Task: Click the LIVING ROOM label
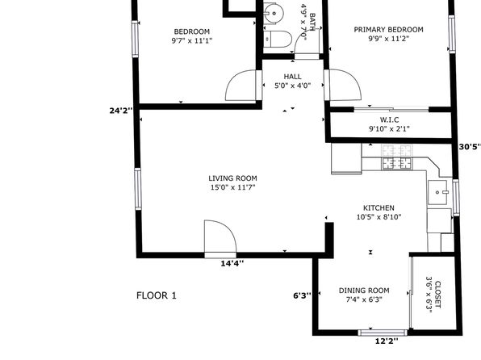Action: (232, 178)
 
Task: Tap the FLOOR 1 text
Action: (157, 295)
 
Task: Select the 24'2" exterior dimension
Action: (121, 111)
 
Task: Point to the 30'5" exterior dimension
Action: (470, 147)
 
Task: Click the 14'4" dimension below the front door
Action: (232, 263)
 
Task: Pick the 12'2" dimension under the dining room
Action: (387, 341)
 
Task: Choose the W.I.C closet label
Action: (389, 119)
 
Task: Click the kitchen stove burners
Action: (397, 157)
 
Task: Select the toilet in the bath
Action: (278, 39)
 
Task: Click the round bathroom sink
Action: (274, 13)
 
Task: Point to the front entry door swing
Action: (220, 237)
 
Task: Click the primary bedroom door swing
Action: (343, 85)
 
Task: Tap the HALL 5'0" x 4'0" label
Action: (293, 81)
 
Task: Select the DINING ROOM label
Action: (364, 291)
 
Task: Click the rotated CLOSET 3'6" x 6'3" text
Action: (433, 295)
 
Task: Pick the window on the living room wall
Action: (138, 189)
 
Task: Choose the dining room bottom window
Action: (383, 333)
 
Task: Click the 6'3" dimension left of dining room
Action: (302, 295)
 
